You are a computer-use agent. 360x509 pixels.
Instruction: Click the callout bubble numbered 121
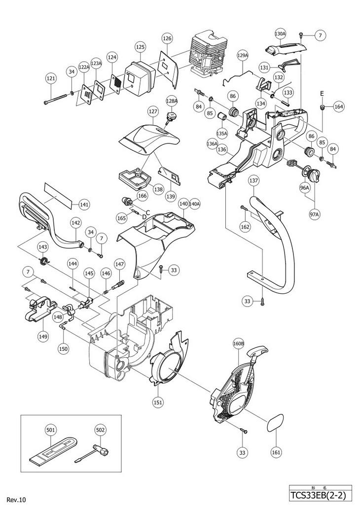(x=51, y=78)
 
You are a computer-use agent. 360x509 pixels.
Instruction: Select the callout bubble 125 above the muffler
(x=140, y=47)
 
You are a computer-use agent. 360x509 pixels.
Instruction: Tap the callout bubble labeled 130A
(x=280, y=34)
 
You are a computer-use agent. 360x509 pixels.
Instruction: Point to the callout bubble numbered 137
(x=254, y=180)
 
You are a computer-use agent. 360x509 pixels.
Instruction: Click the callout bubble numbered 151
(x=158, y=402)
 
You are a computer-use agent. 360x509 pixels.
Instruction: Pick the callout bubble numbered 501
(x=51, y=430)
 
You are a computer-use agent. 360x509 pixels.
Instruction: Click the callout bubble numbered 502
(x=101, y=430)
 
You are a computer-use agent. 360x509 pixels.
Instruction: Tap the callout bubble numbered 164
(x=339, y=106)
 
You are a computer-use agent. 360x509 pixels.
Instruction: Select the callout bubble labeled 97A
(x=314, y=215)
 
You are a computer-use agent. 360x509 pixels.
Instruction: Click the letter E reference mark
(x=322, y=94)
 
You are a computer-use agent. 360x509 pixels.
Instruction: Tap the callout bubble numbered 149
(x=42, y=337)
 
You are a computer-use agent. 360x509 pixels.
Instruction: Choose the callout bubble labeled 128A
(x=172, y=101)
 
